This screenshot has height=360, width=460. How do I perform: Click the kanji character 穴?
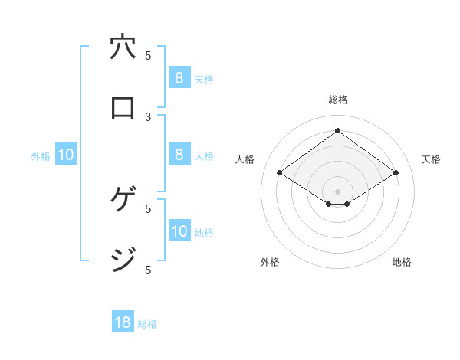[x=123, y=48]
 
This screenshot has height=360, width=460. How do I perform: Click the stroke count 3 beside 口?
[x=149, y=116]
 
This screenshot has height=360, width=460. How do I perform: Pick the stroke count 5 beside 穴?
[x=149, y=55]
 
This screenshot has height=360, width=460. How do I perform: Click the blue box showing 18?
[x=123, y=322]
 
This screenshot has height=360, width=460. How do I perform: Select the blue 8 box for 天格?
[x=179, y=77]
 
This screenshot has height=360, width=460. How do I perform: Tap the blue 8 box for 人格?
[x=179, y=155]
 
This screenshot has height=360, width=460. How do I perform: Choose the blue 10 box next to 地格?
[x=179, y=231]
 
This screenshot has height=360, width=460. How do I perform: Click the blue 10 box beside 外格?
[x=66, y=155]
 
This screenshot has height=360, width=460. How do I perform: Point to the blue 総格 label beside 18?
[x=147, y=324]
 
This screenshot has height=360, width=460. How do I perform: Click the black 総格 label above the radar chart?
[x=337, y=100]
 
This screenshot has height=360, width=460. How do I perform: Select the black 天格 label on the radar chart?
[x=432, y=159]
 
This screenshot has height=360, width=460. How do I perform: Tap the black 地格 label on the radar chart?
[x=402, y=262]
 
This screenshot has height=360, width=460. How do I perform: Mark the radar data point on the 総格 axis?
[x=337, y=130]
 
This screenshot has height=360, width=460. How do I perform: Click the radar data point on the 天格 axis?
[x=396, y=173]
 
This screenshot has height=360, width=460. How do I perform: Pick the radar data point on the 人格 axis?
[x=280, y=173]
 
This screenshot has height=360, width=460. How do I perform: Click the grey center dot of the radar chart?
[x=337, y=191]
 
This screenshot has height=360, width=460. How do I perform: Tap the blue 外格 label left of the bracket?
[x=41, y=155]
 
